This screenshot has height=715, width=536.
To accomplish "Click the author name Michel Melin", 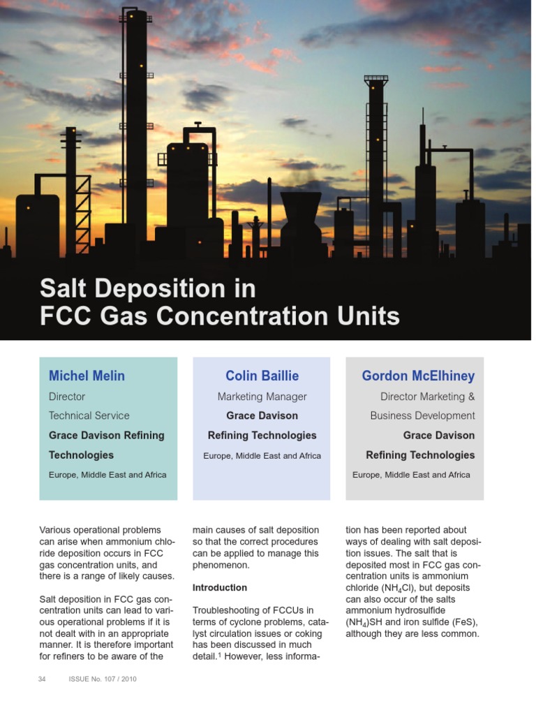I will click(x=87, y=376).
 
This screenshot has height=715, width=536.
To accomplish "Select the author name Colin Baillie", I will click(x=262, y=376).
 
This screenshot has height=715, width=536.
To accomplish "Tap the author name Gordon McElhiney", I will click(x=417, y=376).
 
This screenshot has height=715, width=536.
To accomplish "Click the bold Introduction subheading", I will click(x=219, y=587).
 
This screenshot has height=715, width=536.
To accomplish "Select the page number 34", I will click(x=42, y=679).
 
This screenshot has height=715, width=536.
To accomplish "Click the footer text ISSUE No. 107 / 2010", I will click(x=103, y=679).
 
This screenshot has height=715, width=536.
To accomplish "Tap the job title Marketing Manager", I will click(x=262, y=397).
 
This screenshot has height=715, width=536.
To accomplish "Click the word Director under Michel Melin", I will click(x=67, y=397).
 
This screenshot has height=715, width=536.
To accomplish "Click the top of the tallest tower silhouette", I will click(x=135, y=13).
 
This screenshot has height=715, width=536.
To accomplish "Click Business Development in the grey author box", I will click(x=422, y=415).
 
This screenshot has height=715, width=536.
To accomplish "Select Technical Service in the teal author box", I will click(x=89, y=415).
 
